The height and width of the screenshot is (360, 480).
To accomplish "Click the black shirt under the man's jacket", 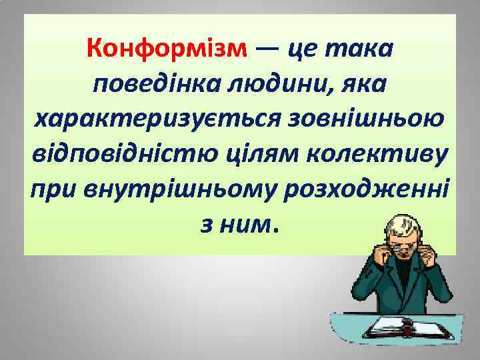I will tap(407, 280).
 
